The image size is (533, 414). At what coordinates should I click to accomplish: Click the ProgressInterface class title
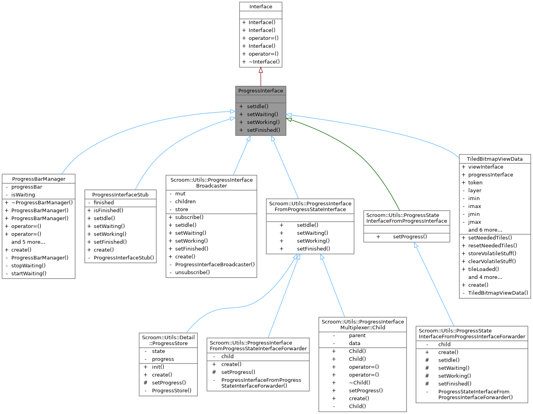(260, 91)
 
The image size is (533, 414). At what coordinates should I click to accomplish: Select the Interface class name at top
(260, 7)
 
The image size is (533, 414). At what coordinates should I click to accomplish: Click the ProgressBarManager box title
(39, 179)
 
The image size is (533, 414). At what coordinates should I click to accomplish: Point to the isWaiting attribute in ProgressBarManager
(23, 195)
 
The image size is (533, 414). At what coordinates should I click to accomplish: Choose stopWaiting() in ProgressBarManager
(28, 265)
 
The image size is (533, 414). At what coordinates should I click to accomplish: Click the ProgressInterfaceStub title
(120, 195)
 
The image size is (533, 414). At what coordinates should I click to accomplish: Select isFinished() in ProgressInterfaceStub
(108, 210)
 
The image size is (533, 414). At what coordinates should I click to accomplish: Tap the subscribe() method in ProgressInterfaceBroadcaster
(189, 217)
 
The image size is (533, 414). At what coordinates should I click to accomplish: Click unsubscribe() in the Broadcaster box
(192, 272)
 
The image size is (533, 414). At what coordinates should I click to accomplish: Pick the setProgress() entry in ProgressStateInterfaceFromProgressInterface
(410, 237)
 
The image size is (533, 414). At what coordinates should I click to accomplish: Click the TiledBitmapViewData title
(494, 159)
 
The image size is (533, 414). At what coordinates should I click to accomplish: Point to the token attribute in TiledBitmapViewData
(475, 183)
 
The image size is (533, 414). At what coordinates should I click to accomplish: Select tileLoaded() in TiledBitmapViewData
(483, 269)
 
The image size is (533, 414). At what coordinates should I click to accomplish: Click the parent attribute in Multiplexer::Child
(357, 336)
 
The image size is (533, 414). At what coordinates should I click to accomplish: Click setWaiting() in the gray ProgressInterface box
(262, 114)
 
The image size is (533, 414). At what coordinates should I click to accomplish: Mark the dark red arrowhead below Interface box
(260, 71)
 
